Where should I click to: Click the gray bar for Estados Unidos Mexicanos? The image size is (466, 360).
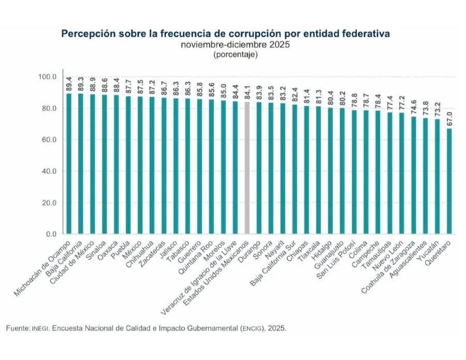[x=247, y=168]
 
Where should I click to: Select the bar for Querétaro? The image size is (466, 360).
[x=449, y=181]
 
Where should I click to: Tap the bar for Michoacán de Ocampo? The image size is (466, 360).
[x=69, y=164]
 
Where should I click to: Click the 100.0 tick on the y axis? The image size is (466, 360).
[x=47, y=77]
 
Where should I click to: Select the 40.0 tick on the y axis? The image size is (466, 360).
[x=49, y=171]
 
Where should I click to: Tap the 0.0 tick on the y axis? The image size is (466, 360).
[x=51, y=234]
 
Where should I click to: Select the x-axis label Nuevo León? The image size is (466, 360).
[x=388, y=255]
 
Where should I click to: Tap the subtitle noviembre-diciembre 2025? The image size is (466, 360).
[x=235, y=45]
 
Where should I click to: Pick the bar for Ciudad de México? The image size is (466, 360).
[x=93, y=164]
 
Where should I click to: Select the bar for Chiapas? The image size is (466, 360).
[x=307, y=170]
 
